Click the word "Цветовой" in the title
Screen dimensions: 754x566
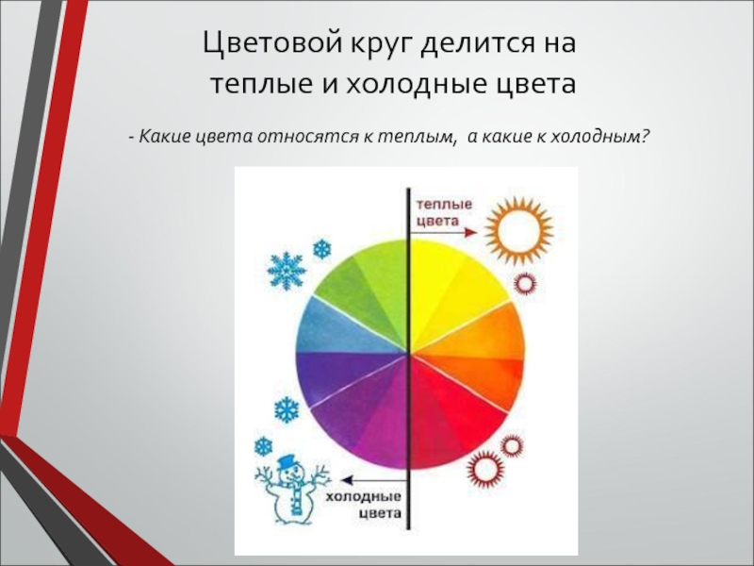tap(273, 43)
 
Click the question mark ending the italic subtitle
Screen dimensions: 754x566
tap(645, 137)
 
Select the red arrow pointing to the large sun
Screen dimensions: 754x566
tap(443, 232)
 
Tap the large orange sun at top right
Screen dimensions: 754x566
tap(519, 230)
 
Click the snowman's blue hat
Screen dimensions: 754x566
tap(287, 461)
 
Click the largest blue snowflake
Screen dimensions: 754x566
tap(287, 271)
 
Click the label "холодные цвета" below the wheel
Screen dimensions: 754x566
tap(364, 505)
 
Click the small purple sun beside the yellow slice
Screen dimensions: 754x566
tap(525, 284)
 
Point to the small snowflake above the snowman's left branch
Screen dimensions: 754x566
tap(263, 447)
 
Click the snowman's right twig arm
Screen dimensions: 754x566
tap(319, 475)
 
